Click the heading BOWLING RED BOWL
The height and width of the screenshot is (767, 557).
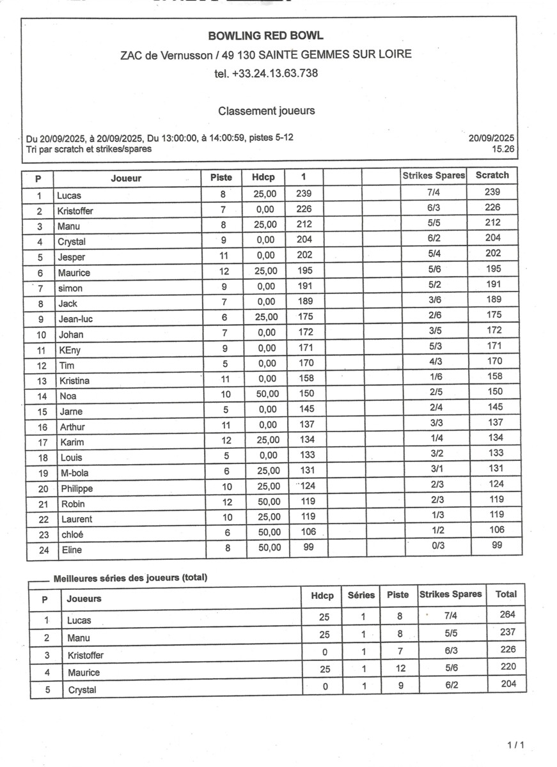pos(265,36)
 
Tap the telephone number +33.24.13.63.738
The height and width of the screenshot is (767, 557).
pos(266,74)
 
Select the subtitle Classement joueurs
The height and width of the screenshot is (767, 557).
pos(267,111)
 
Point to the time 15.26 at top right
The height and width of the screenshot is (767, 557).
pos(503,148)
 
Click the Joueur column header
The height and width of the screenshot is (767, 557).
pos(126,178)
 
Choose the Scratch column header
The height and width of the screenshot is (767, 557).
pos(492,175)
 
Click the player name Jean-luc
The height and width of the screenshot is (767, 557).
pos(76,319)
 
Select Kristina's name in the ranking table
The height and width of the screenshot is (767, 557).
pos(74,381)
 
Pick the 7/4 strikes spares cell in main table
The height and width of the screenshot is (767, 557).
pos(435,192)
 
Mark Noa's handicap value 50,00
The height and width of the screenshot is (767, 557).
pos(267,394)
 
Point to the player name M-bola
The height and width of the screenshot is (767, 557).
pos(75,473)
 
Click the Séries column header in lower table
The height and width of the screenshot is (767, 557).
pos(361,595)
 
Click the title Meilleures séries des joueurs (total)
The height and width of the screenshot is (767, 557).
pos(130,578)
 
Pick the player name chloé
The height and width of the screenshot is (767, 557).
pos(72,534)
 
